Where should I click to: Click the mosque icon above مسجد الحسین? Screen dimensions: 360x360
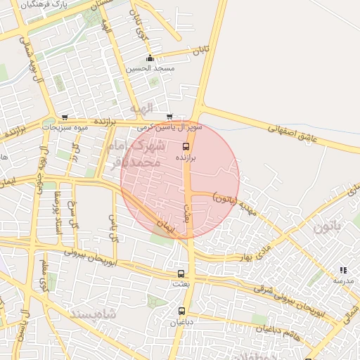[149, 58]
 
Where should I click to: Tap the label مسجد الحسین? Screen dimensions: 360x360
[150, 68]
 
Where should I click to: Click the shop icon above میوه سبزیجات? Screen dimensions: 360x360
[65, 117]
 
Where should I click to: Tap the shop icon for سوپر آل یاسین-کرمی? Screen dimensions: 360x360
[169, 117]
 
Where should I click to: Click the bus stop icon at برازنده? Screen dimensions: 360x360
[186, 146]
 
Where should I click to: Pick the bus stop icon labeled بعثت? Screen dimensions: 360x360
[181, 274]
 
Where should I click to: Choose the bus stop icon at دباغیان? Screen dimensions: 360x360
[181, 311]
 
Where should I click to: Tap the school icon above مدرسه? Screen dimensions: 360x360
[343, 270]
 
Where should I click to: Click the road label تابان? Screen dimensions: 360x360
[202, 51]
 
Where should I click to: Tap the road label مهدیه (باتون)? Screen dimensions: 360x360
[236, 202]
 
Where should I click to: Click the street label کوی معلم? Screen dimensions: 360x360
[44, 275]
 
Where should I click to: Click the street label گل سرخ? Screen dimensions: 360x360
[72, 215]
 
